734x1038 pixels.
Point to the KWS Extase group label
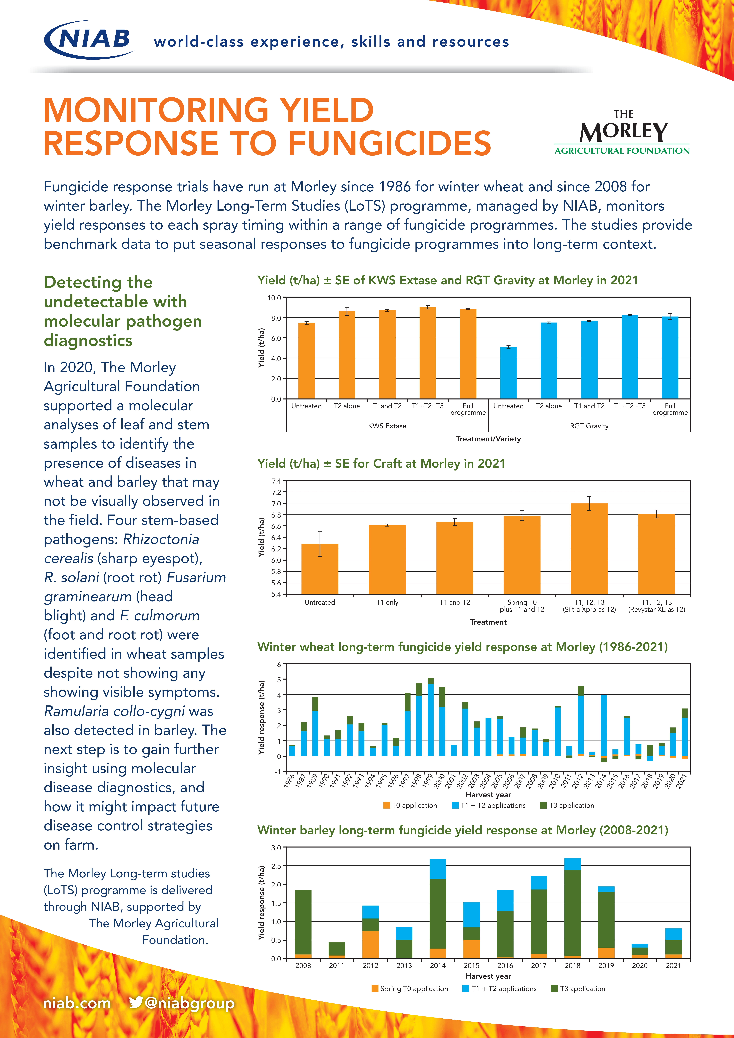coord(387,426)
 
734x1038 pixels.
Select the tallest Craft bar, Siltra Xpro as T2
coord(589,548)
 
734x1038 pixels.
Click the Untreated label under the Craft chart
coord(320,602)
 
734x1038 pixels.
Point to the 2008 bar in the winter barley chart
coord(303,924)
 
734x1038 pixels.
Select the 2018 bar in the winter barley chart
coord(573,908)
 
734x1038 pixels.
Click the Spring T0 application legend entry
coord(410,988)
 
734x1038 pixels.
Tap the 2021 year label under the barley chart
coord(673,965)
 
